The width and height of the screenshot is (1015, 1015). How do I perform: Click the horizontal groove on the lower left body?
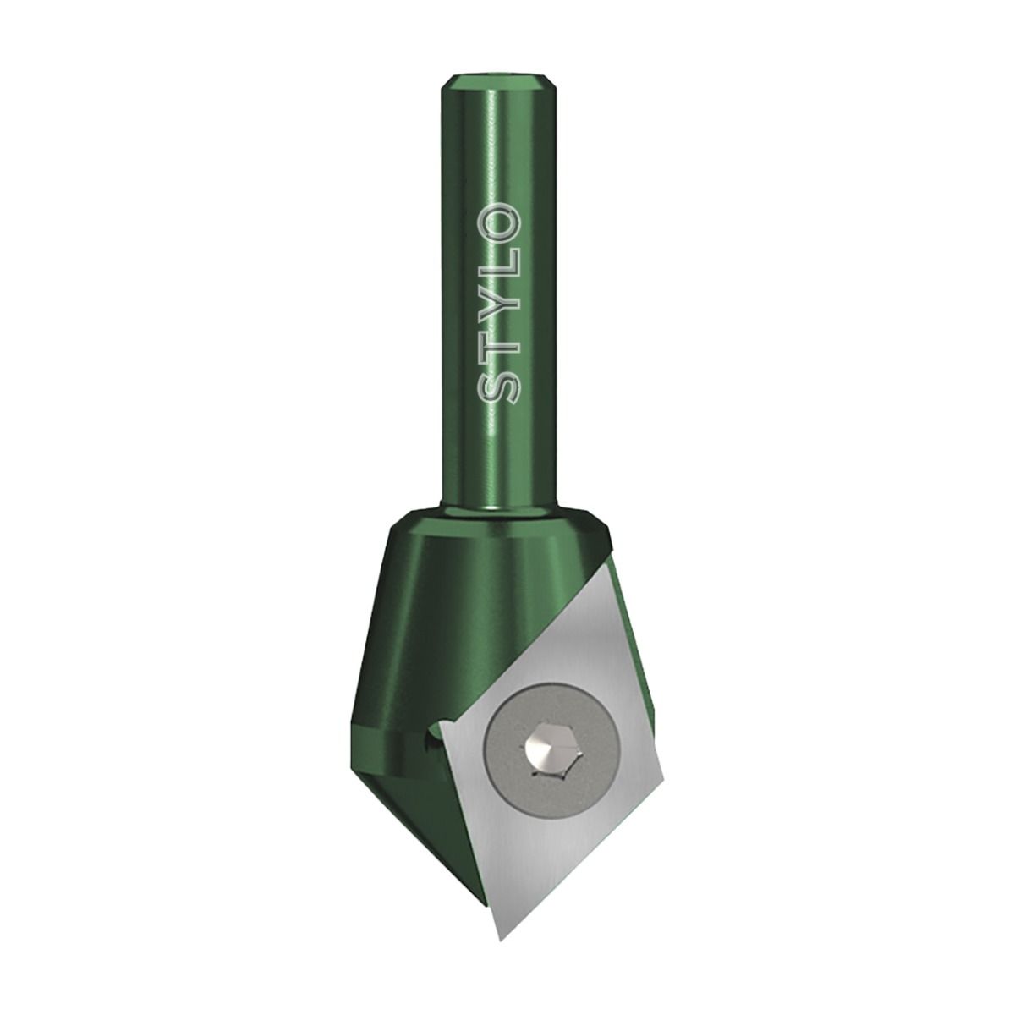[x=381, y=727]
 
